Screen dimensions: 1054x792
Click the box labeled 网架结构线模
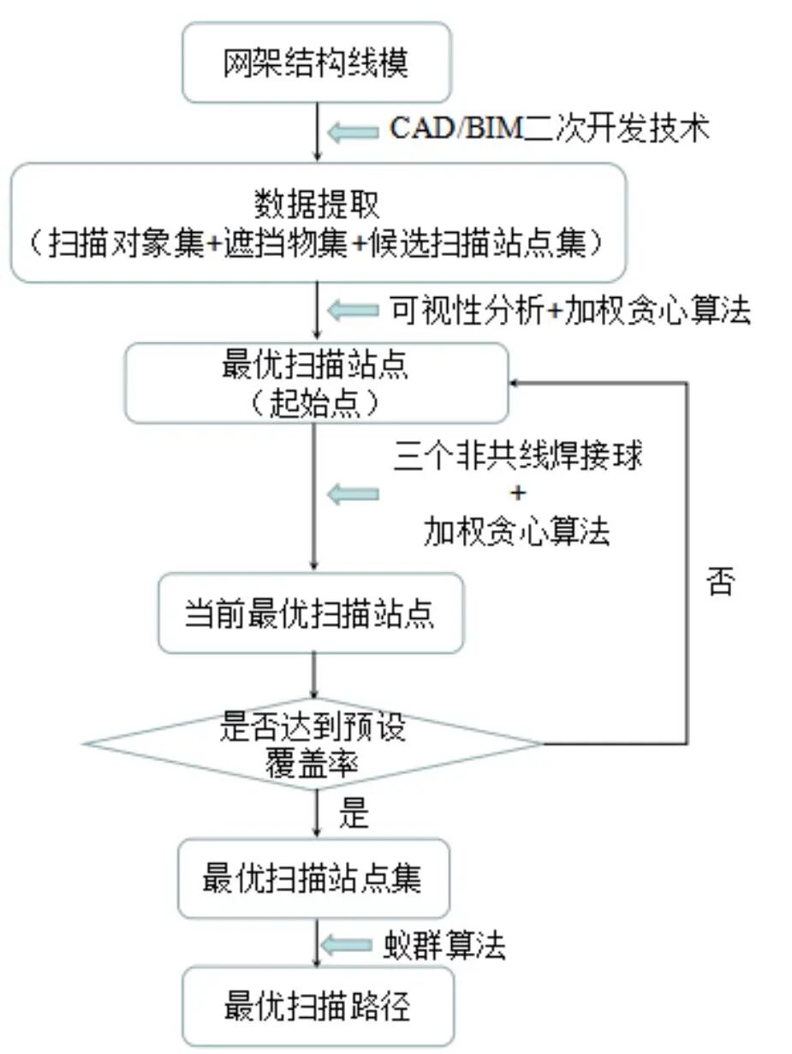pos(316,63)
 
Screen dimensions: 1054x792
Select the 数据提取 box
pos(318,223)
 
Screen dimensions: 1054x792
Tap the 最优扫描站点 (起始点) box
pos(316,383)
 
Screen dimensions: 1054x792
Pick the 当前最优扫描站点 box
pos(310,613)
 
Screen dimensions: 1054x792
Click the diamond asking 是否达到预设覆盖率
pos(313,743)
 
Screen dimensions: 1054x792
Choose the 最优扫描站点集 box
pos(313,878)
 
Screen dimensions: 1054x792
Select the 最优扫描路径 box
pos(316,1005)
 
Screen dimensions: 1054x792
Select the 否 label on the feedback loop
pos(719,582)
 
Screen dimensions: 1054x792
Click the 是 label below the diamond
pos(353,814)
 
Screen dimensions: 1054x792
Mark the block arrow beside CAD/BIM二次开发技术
pos(353,131)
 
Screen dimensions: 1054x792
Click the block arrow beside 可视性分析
pos(353,311)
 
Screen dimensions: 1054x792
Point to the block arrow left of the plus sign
pos(353,494)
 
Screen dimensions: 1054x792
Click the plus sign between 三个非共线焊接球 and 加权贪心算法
pos(518,494)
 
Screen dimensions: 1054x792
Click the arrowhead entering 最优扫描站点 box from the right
pos(516,383)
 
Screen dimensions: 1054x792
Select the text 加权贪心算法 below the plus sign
pos(517,532)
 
